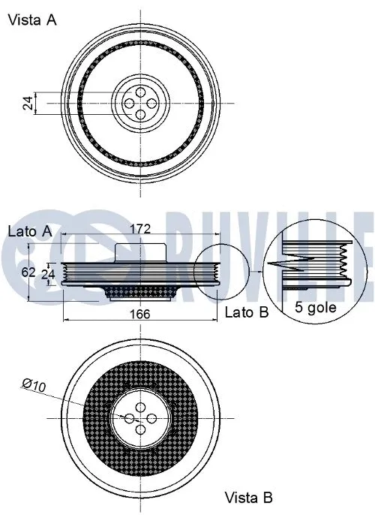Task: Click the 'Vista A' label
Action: pyautogui.click(x=31, y=20)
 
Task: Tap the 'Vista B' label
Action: pyautogui.click(x=249, y=497)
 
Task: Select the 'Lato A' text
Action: pyautogui.click(x=29, y=232)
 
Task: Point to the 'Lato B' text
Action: pyautogui.click(x=247, y=312)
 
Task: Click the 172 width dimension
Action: pyautogui.click(x=140, y=227)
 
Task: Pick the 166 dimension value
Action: pyautogui.click(x=139, y=314)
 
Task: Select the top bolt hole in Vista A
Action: pyautogui.click(x=140, y=92)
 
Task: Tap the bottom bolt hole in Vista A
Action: pyautogui.click(x=140, y=114)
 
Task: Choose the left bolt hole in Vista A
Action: pyautogui.click(x=129, y=103)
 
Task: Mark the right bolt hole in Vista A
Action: pyautogui.click(x=151, y=103)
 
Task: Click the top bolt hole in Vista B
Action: pyautogui.click(x=140, y=406)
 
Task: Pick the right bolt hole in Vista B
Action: pyautogui.click(x=151, y=417)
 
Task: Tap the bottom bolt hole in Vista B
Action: pyautogui.click(x=140, y=429)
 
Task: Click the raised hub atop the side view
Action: pyautogui.click(x=140, y=251)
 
